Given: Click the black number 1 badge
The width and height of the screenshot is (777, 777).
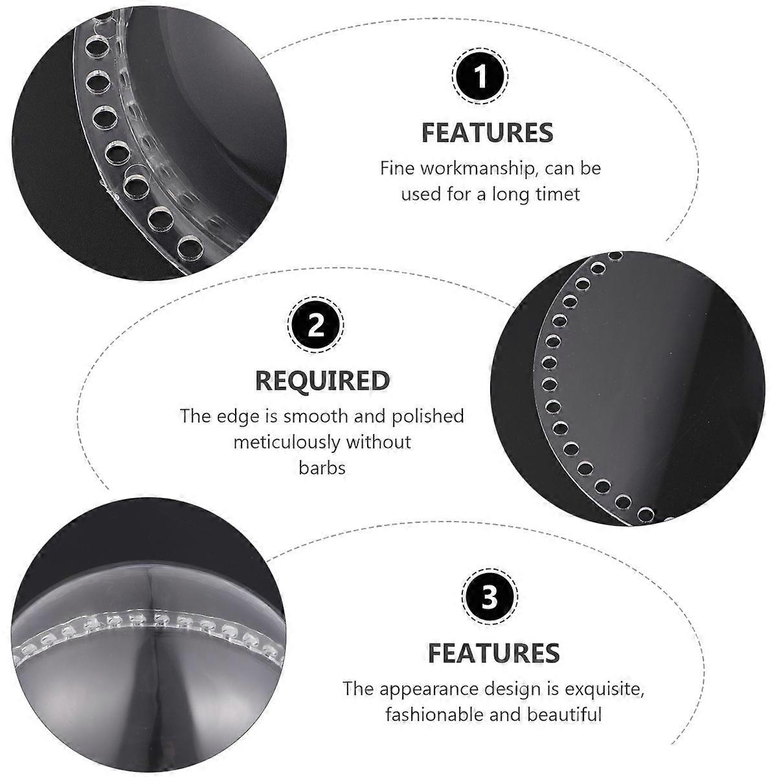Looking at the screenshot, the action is [480, 75].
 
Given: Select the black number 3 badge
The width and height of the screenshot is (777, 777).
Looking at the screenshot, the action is [490, 597].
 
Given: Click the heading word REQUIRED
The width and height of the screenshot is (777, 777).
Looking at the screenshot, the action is [322, 381].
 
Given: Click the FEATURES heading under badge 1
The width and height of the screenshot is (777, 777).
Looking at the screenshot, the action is [487, 133].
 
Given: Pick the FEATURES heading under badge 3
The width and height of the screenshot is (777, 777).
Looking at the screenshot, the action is [494, 653].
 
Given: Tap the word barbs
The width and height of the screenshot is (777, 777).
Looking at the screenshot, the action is [322, 468].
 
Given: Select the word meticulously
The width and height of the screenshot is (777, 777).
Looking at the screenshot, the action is [287, 443].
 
